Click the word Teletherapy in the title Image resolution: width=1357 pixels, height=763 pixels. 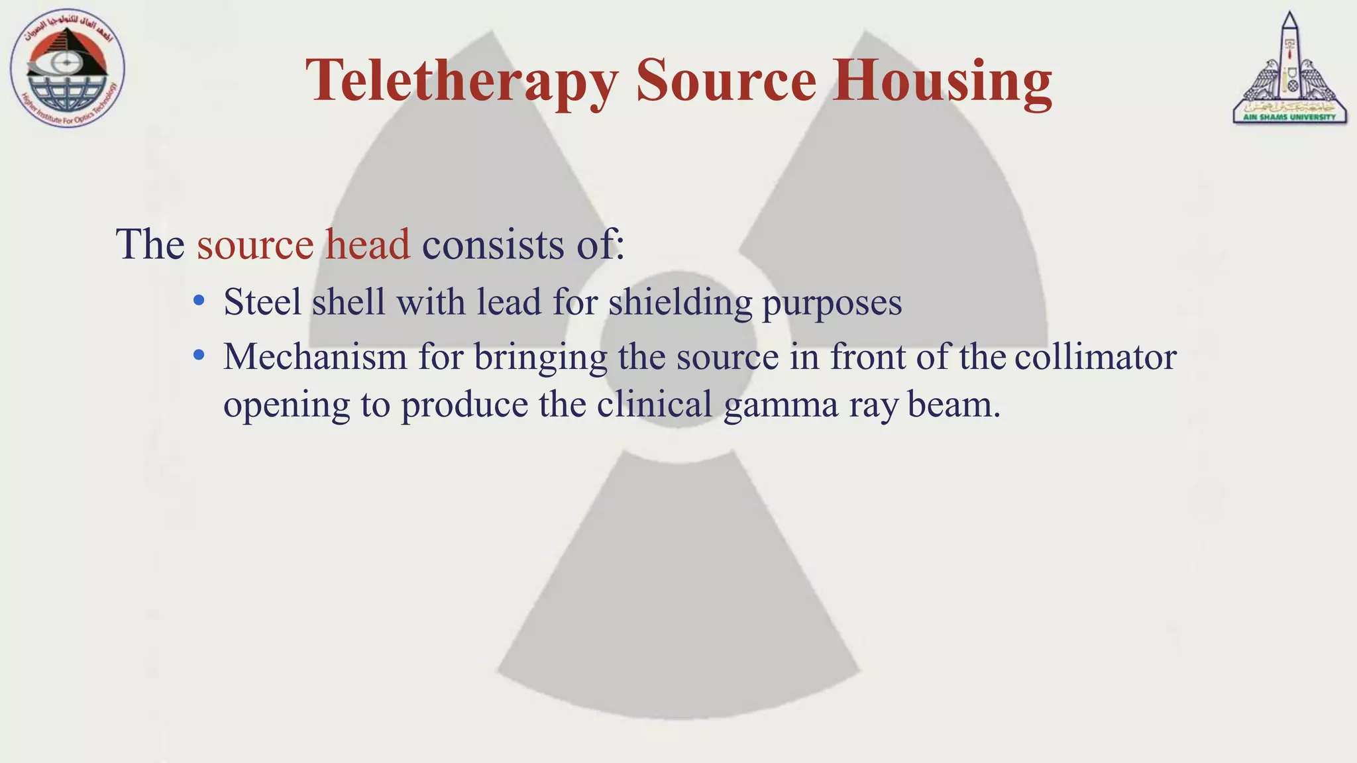[462, 81]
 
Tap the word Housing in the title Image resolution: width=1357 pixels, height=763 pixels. [942, 81]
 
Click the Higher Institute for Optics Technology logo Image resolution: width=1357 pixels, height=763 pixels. [67, 70]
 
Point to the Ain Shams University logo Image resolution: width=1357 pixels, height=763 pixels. [1289, 70]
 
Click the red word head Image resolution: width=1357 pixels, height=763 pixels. [367, 244]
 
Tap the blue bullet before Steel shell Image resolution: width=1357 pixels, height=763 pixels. [199, 301]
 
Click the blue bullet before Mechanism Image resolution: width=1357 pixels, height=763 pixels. [199, 356]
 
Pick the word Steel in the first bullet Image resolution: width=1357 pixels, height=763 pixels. [262, 302]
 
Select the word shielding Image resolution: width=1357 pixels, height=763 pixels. [680, 303]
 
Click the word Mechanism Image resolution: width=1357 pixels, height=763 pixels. [315, 357]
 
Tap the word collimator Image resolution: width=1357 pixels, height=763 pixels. [1095, 357]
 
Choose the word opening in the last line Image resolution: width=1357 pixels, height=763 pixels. [286, 405]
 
